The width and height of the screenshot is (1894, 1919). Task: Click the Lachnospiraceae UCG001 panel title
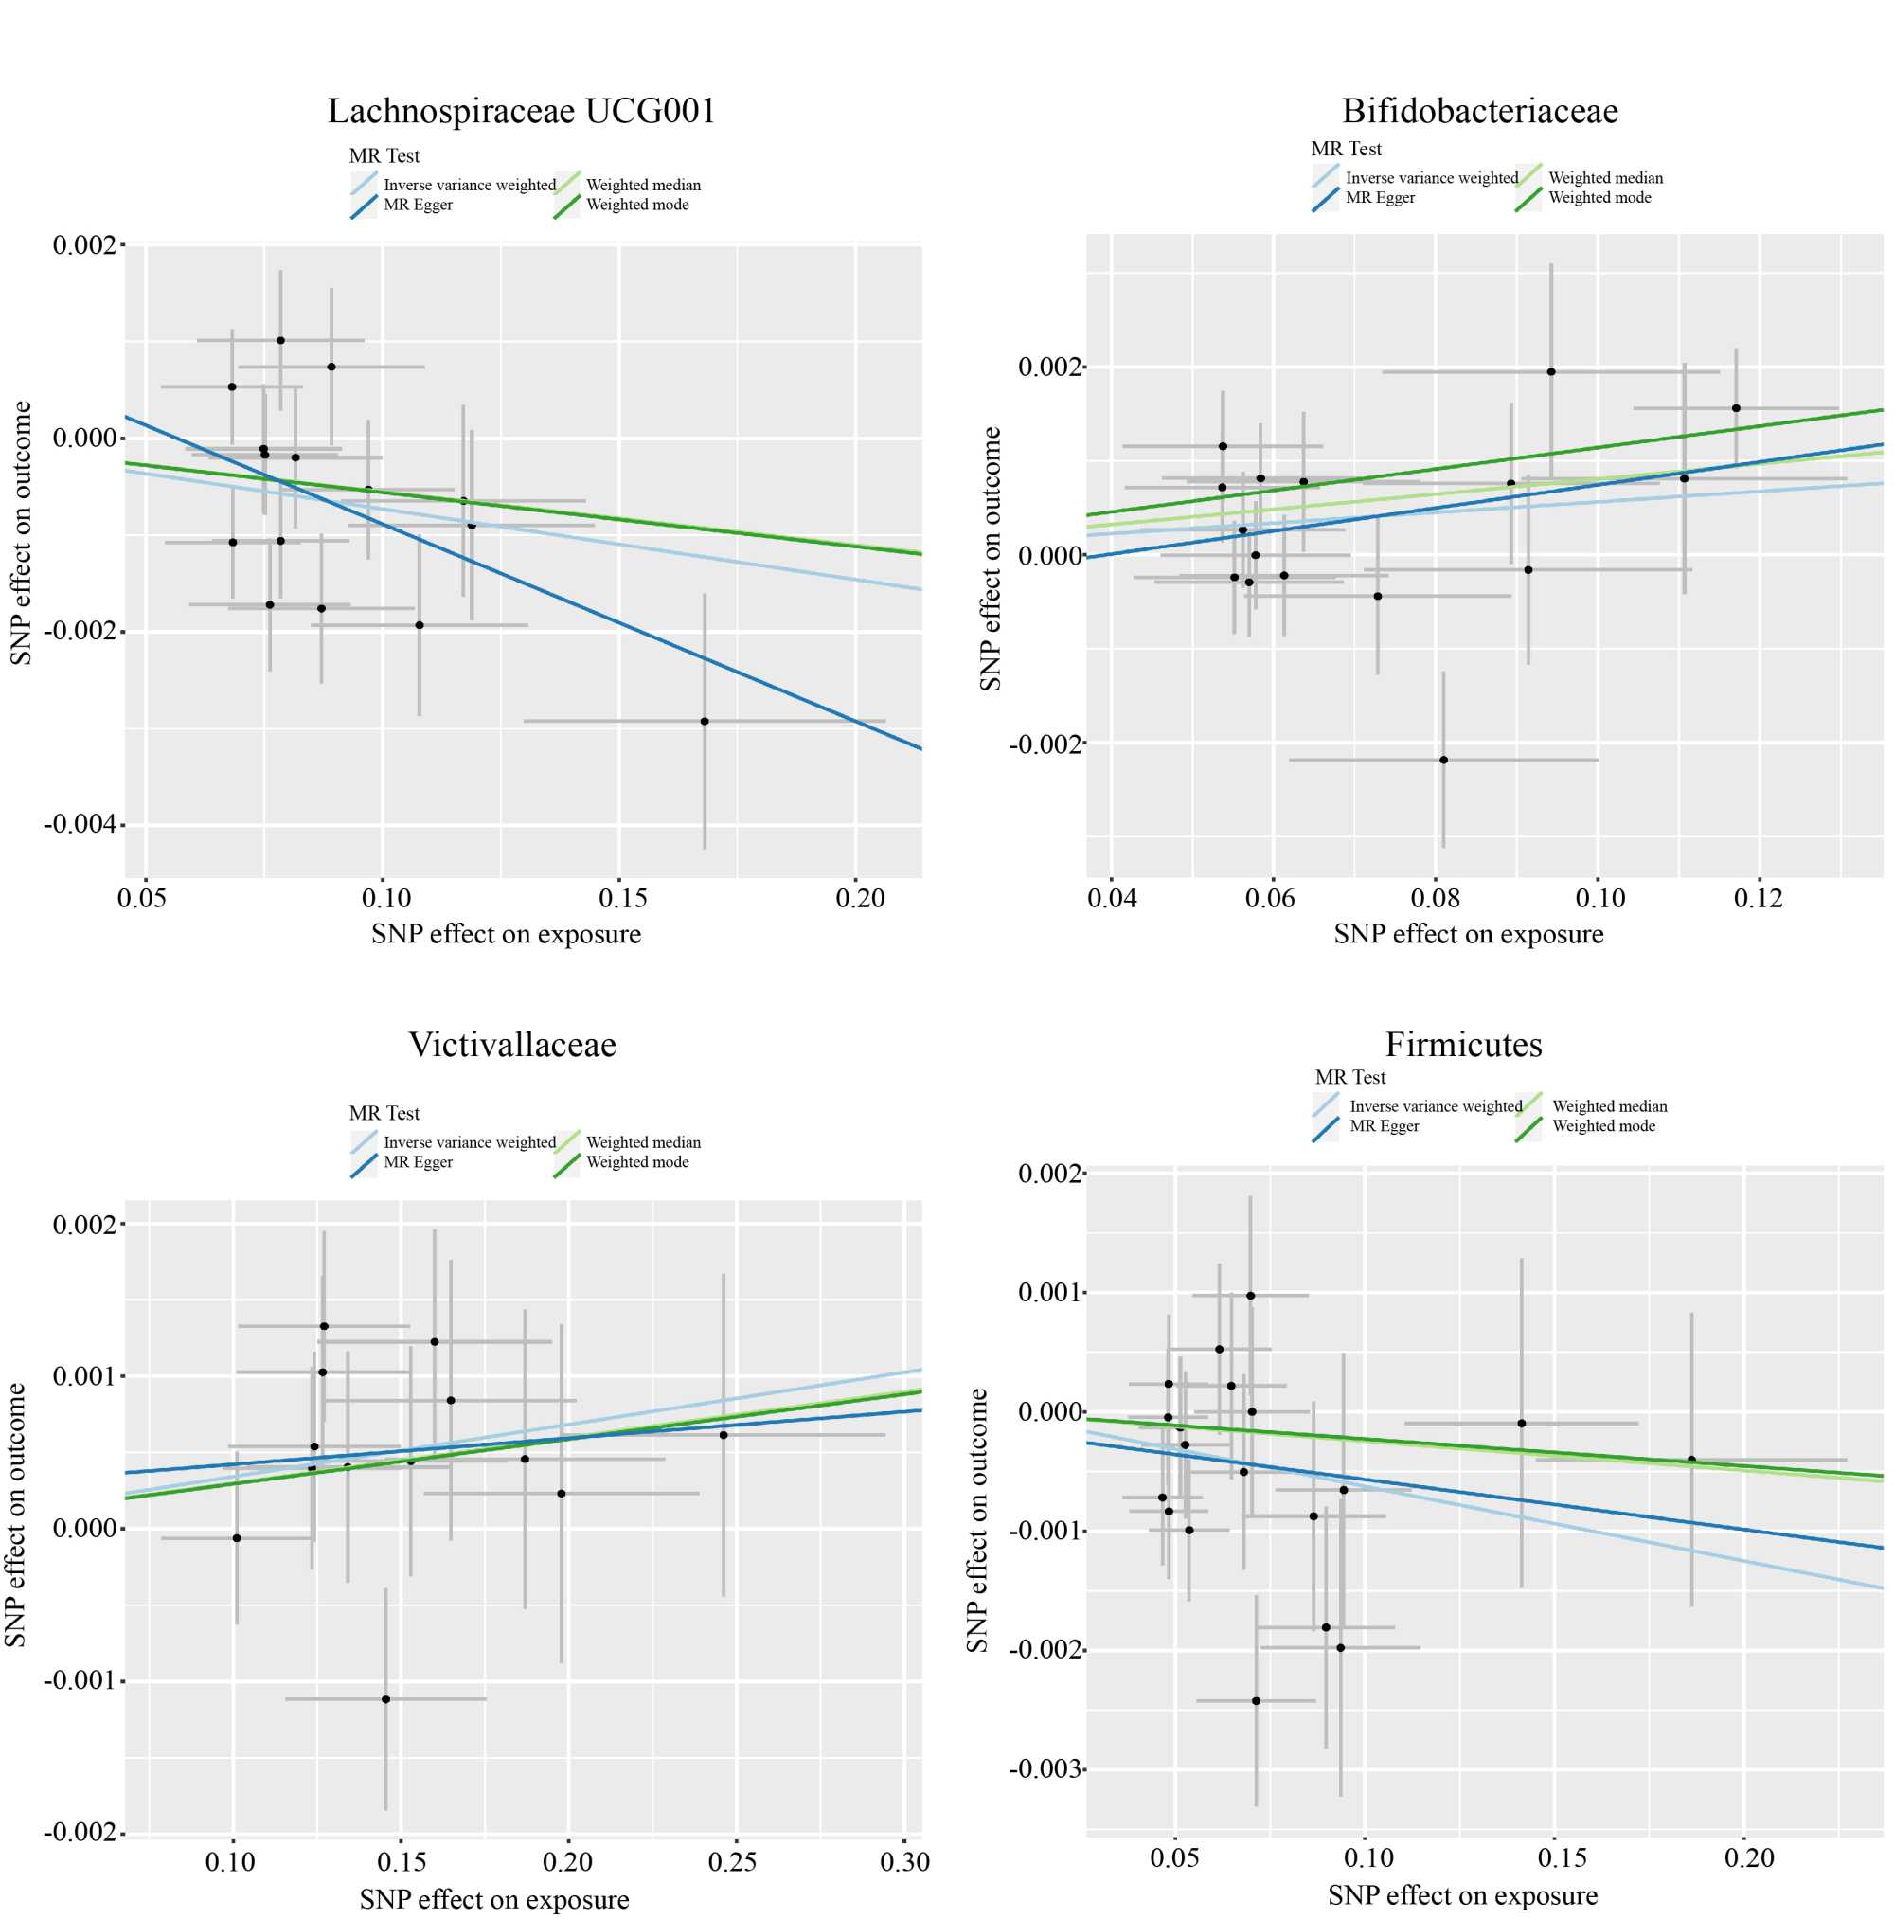(x=522, y=110)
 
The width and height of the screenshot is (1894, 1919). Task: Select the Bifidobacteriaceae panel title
(x=1479, y=110)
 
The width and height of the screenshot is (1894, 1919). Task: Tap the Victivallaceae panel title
(x=511, y=1044)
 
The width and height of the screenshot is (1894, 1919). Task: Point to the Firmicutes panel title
(x=1463, y=1044)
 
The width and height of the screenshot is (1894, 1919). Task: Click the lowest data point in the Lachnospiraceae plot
(x=705, y=721)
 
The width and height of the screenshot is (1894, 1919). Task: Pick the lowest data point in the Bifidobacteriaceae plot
(x=1443, y=760)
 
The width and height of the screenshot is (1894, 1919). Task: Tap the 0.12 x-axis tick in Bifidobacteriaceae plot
(x=1758, y=899)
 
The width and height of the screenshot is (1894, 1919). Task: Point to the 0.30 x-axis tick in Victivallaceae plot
(x=903, y=1861)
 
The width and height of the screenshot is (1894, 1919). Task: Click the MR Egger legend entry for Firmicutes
(x=1384, y=1126)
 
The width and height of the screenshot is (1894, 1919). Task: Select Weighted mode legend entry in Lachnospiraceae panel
(x=636, y=205)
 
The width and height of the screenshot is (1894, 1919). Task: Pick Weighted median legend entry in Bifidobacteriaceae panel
(x=1605, y=178)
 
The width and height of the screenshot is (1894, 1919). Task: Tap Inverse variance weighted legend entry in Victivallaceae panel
(x=469, y=1142)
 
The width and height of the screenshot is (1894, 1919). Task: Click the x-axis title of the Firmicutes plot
(x=1462, y=1895)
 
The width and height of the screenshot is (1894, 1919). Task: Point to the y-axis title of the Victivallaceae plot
(x=16, y=1515)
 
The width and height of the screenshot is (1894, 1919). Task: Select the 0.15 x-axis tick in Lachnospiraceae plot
(x=622, y=899)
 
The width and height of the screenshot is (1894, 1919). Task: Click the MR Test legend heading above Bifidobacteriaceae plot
(x=1346, y=149)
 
